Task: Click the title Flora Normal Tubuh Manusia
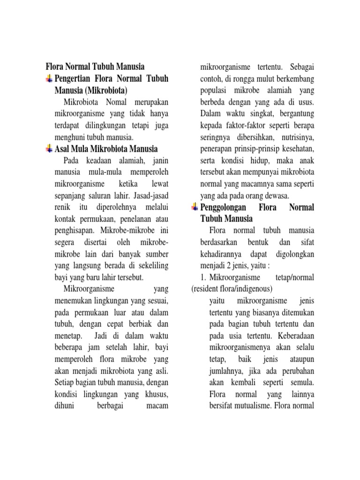[x=95, y=66]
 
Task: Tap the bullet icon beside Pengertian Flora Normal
[x=49, y=78]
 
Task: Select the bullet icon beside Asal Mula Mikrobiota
[x=49, y=149]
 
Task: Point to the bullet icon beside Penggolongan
[x=195, y=207]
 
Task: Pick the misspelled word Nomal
[x=106, y=102]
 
